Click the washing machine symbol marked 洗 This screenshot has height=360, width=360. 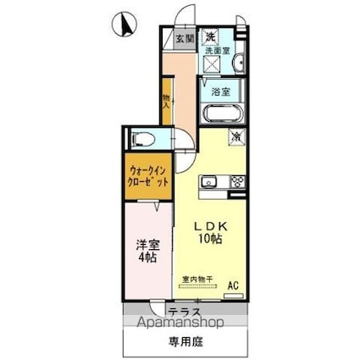pyautogui.click(x=210, y=36)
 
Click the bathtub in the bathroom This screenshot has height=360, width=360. pyautogui.click(x=224, y=114)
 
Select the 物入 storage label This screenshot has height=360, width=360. pyautogui.click(x=167, y=101)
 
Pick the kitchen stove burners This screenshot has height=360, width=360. pyautogui.click(x=236, y=180)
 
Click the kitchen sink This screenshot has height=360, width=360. pyautogui.click(x=210, y=180)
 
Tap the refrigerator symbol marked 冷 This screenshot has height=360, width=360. pyautogui.click(x=235, y=135)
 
